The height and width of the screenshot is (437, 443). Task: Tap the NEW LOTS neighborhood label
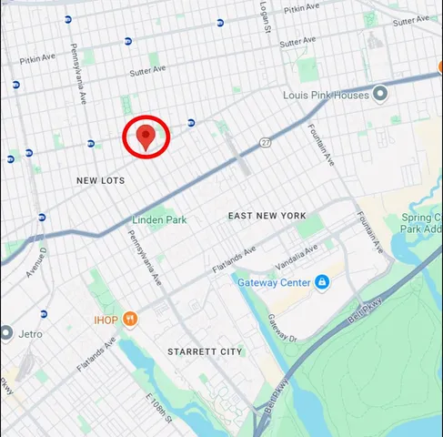click(x=100, y=181)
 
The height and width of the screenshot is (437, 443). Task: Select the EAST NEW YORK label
click(x=265, y=215)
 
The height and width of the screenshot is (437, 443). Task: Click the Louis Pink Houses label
click(x=325, y=95)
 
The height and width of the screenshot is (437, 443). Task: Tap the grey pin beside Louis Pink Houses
click(x=381, y=94)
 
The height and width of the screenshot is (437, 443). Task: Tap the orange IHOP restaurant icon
click(x=131, y=319)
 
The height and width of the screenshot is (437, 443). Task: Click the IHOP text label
click(x=106, y=320)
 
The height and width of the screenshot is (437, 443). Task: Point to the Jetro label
click(x=29, y=334)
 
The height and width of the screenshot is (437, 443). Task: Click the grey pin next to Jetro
click(x=5, y=333)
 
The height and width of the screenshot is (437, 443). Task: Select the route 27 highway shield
click(x=265, y=142)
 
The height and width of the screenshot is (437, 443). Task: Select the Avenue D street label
click(x=35, y=261)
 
